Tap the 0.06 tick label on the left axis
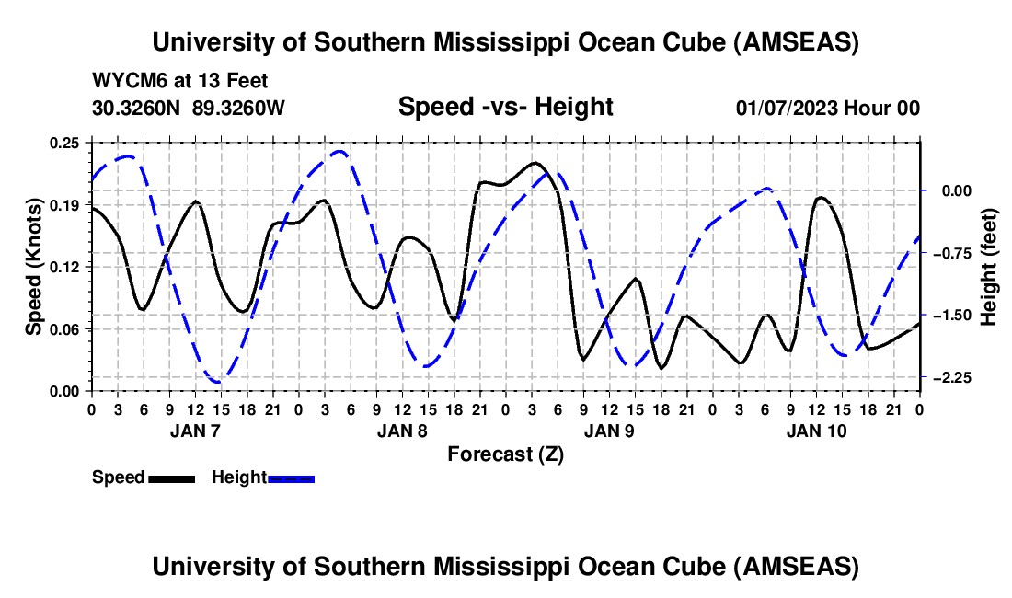tap(65, 328)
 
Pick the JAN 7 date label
tap(193, 431)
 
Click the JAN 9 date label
tap(607, 431)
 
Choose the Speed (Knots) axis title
tap(34, 266)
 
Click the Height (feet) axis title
tap(990, 266)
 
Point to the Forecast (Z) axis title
tap(505, 454)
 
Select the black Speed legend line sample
tap(171, 477)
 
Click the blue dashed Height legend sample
tap(292, 477)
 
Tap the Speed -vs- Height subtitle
tap(505, 107)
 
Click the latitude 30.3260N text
tap(138, 108)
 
